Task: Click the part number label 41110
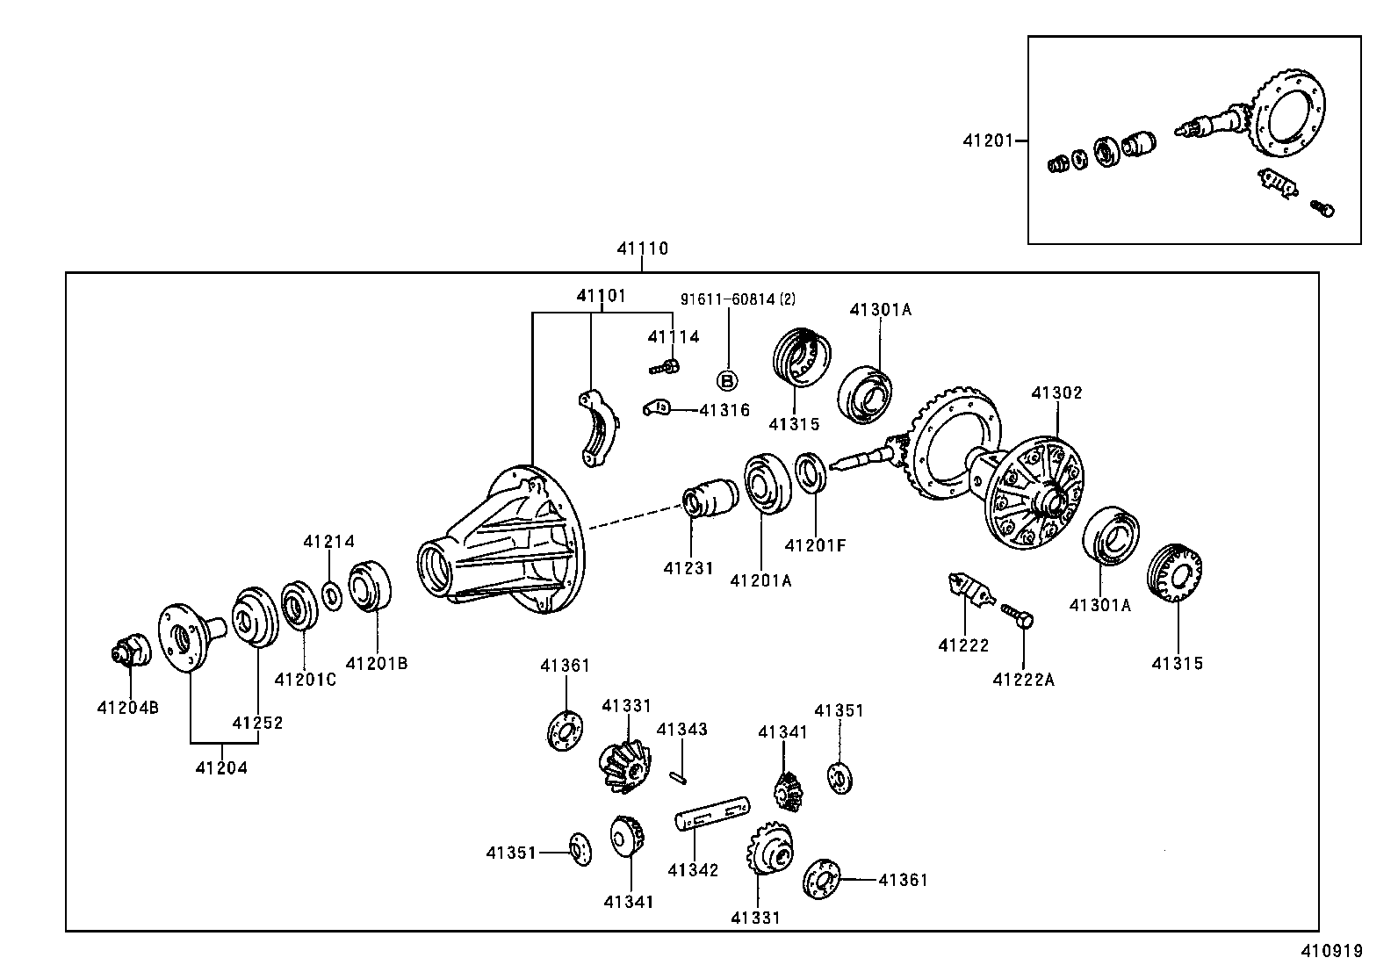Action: click(642, 248)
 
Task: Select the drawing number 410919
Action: click(1330, 950)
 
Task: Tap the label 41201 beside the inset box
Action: click(988, 140)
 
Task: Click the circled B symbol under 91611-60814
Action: click(728, 380)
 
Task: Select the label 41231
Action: click(688, 568)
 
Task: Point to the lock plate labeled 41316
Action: click(657, 408)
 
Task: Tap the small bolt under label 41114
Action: click(665, 367)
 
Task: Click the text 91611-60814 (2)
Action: click(738, 299)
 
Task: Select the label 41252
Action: click(257, 723)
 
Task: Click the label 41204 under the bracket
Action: click(221, 767)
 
